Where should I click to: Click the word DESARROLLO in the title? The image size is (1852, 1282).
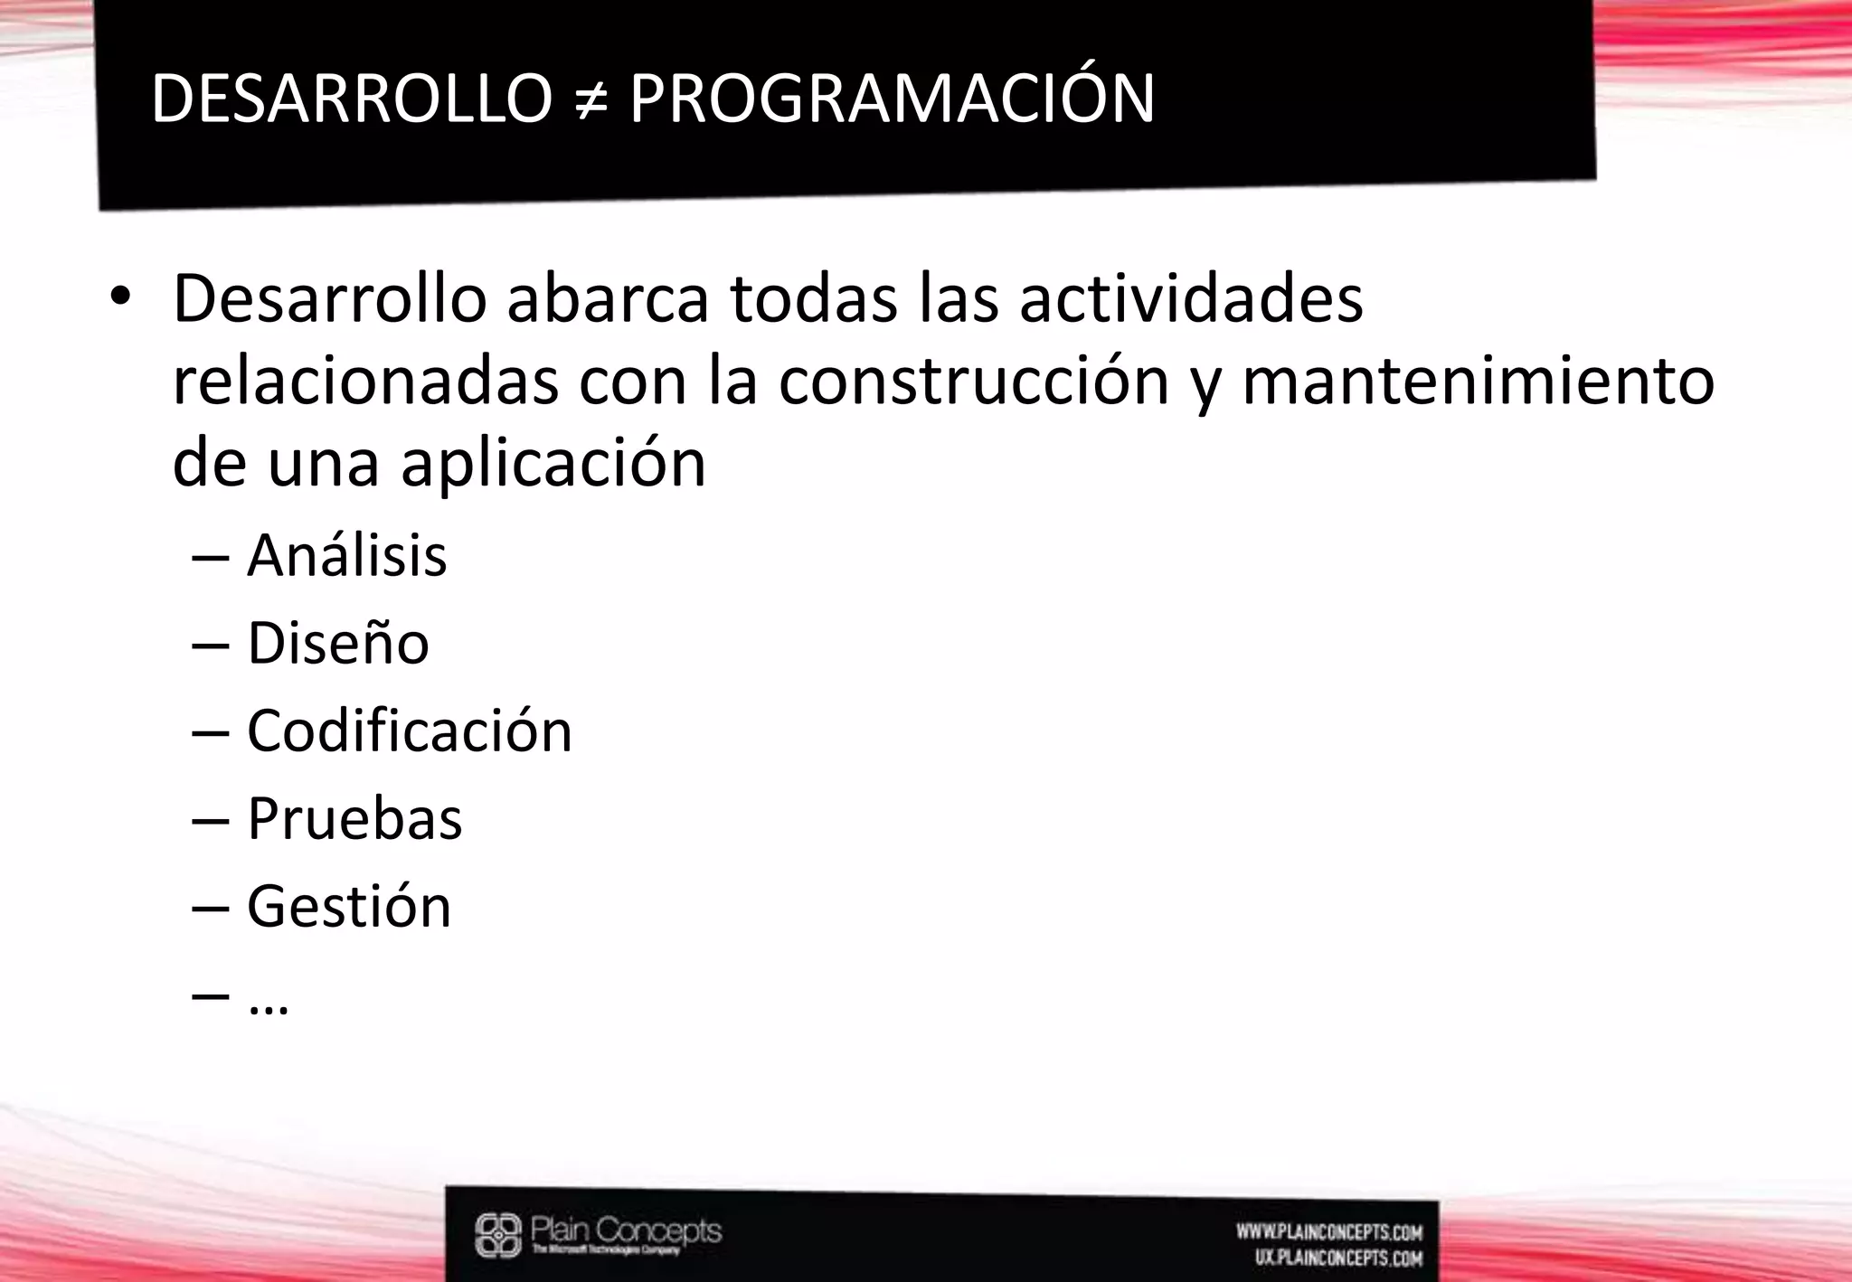pyautogui.click(x=351, y=99)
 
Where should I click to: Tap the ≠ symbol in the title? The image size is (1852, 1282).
pyautogui.click(x=590, y=100)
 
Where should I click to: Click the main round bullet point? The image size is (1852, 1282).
pyautogui.click(x=120, y=298)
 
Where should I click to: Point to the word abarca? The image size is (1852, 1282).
pyautogui.click(x=608, y=298)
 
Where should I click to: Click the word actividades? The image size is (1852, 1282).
pyautogui.click(x=1191, y=298)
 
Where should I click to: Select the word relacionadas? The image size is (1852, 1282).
pyautogui.click(x=365, y=381)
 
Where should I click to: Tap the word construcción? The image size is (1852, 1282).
pyautogui.click(x=974, y=381)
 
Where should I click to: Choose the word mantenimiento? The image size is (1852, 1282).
pyautogui.click(x=1479, y=381)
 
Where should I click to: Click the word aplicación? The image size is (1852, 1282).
pyautogui.click(x=553, y=463)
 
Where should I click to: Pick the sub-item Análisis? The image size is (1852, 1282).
pyautogui.click(x=347, y=555)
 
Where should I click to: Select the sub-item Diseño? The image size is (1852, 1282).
pyautogui.click(x=338, y=643)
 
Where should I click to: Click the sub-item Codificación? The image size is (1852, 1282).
pyautogui.click(x=410, y=731)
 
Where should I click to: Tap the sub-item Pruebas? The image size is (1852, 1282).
pyautogui.click(x=354, y=818)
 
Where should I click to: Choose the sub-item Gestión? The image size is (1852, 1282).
pyautogui.click(x=349, y=906)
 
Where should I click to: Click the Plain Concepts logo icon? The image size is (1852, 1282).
pyautogui.click(x=499, y=1235)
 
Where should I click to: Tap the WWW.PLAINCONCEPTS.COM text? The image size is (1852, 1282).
pyautogui.click(x=1329, y=1231)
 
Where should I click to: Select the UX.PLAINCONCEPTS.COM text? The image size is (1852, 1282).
pyautogui.click(x=1338, y=1258)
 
